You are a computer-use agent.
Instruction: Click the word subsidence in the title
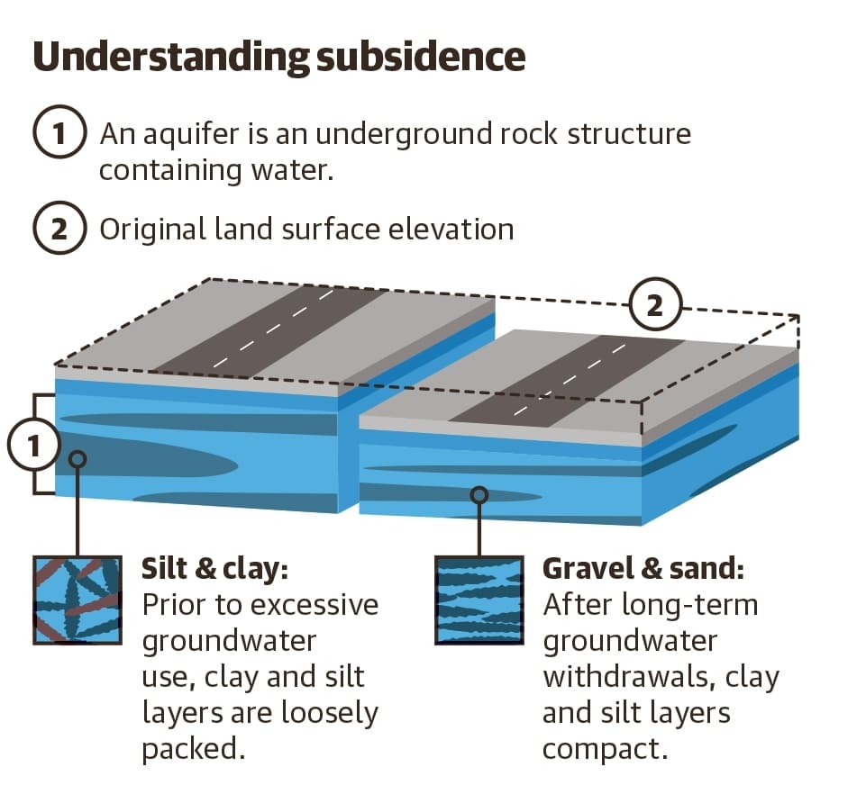point(421,56)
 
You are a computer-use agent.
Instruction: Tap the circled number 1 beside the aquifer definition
point(59,132)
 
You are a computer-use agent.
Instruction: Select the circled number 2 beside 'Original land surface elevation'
point(59,228)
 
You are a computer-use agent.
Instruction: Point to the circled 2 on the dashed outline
point(655,304)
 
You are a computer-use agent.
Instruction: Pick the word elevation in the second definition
point(451,229)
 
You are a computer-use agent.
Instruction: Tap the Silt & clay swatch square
point(77,600)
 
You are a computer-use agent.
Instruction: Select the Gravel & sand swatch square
point(479,600)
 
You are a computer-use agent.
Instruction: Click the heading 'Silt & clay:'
point(214,569)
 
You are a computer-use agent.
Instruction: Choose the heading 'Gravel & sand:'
point(643,568)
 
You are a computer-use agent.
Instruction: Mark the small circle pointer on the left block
point(77,459)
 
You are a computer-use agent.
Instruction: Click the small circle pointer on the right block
point(479,495)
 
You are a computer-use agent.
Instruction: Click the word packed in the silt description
point(194,749)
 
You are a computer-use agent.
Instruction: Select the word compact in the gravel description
point(606,749)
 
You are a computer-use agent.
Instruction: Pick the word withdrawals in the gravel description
point(630,677)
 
